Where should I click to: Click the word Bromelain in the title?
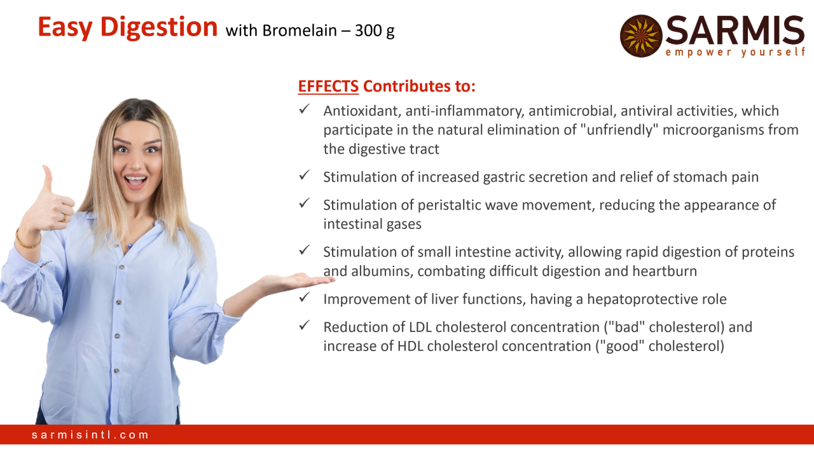pyautogui.click(x=300, y=31)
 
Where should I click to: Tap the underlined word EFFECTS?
pyautogui.click(x=328, y=87)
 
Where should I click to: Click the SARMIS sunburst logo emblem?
pyautogui.click(x=641, y=36)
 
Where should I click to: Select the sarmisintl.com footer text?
pyautogui.click(x=90, y=434)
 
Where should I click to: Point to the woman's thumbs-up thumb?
pyautogui.click(x=48, y=177)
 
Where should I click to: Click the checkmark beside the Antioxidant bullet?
pyautogui.click(x=304, y=109)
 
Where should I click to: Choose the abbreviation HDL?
pyautogui.click(x=411, y=346)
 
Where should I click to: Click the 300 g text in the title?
pyautogui.click(x=375, y=31)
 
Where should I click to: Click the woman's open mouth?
pyautogui.click(x=135, y=181)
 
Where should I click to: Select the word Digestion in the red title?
pyautogui.click(x=159, y=27)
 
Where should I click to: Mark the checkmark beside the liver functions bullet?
pyautogui.click(x=304, y=297)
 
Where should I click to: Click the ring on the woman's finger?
pyautogui.click(x=64, y=218)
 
